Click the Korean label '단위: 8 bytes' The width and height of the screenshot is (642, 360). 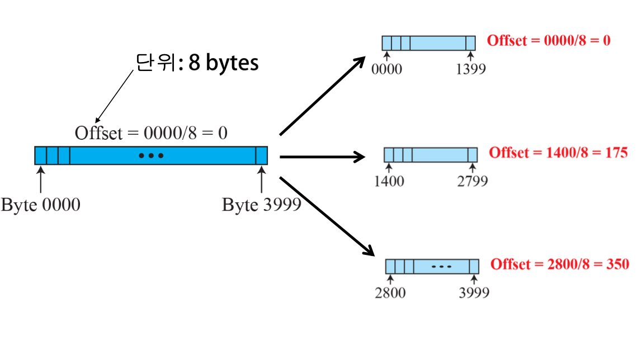[197, 63]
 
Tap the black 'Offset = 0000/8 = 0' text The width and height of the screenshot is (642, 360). [151, 133]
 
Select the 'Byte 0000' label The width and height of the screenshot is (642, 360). [40, 205]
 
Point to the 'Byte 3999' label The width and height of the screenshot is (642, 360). [262, 205]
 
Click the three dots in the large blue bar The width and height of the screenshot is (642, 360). [151, 155]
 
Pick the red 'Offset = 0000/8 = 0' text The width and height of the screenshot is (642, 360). [549, 40]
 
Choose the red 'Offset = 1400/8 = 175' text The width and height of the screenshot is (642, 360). [558, 153]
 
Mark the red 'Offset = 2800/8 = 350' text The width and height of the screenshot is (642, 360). [560, 264]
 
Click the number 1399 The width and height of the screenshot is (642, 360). [470, 69]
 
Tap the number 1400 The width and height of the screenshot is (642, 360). [389, 181]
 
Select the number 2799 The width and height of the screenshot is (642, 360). [473, 181]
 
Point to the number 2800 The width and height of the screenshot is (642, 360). [390, 292]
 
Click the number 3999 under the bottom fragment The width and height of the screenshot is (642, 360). [474, 292]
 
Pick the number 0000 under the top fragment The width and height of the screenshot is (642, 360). [387, 69]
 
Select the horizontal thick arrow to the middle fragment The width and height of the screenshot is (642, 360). [322, 157]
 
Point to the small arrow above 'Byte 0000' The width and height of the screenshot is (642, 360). [40, 180]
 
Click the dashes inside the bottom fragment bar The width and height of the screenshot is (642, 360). [441, 267]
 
